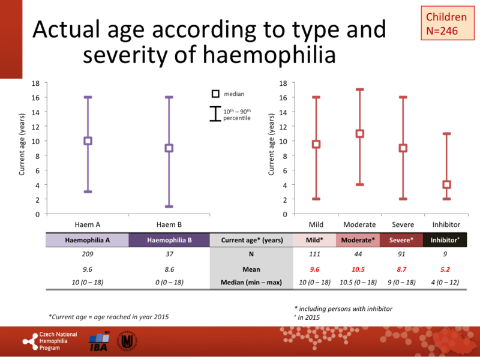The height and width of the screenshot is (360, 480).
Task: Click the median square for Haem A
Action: coord(88,141)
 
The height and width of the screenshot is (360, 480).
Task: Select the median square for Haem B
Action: coord(169,148)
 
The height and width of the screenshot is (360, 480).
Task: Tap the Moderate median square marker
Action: coord(360,134)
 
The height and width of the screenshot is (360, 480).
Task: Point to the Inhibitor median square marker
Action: coord(446,185)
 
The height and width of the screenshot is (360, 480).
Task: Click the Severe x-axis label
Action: coord(403,224)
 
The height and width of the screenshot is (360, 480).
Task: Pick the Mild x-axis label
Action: coord(316,224)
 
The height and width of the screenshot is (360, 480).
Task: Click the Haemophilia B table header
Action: coord(169,240)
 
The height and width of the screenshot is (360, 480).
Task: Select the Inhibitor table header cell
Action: coord(446,240)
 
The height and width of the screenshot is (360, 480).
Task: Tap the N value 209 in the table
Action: coord(87,255)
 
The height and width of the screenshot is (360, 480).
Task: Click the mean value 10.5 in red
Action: coord(359,269)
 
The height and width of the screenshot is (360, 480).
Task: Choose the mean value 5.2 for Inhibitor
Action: coord(446,269)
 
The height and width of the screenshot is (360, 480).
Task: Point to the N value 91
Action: coord(403,255)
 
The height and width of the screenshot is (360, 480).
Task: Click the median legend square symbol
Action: coord(215,94)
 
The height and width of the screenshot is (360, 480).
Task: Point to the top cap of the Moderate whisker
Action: coord(360,90)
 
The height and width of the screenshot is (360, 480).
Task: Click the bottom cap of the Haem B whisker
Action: coord(169,206)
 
